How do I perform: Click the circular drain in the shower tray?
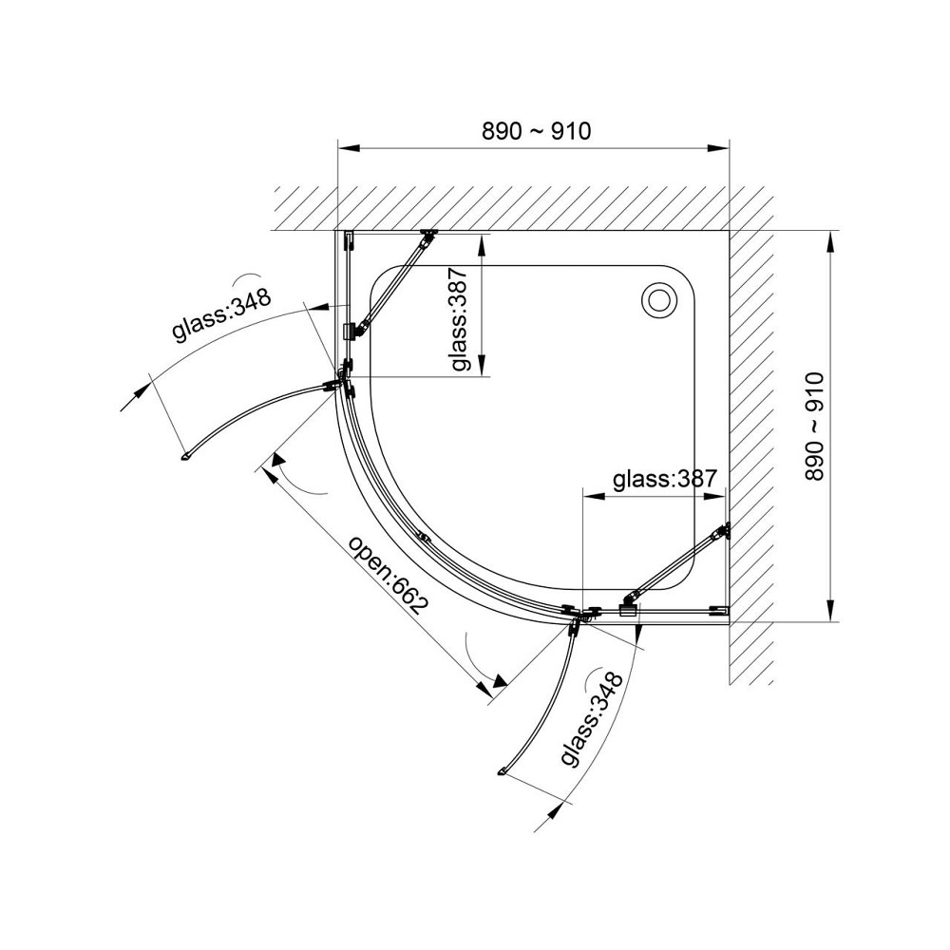point(656,298)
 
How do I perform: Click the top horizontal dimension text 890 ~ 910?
point(536,131)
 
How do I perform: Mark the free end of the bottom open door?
point(503,772)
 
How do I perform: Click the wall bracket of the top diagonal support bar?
point(429,235)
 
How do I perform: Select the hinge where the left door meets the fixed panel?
point(341,382)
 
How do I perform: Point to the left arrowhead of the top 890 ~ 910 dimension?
point(349,147)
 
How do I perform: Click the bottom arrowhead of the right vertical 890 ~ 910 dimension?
point(831,609)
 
